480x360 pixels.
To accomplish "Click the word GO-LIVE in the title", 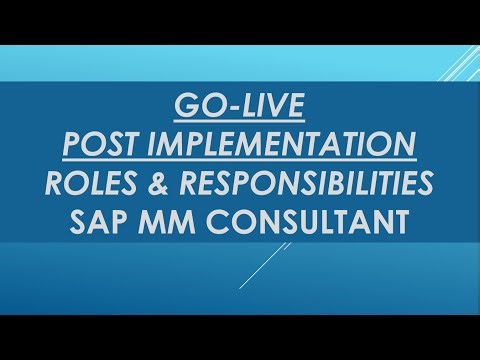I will [240, 105].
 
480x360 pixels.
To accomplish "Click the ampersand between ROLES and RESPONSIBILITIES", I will [165, 184].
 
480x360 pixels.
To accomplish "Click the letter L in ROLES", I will [105, 184].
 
